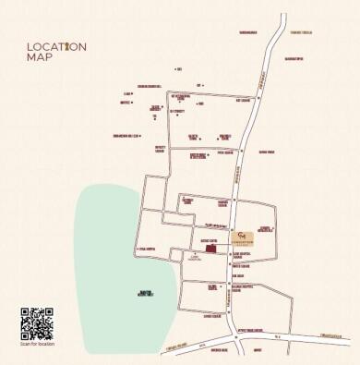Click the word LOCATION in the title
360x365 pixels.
[56, 47]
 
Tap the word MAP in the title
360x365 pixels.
[40, 57]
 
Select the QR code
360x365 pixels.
[37, 324]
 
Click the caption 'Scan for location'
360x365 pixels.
[37, 346]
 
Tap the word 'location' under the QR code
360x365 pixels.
[43, 346]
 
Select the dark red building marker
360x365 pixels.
[210, 248]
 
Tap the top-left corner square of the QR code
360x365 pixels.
[25, 312]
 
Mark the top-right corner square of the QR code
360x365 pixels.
[49, 312]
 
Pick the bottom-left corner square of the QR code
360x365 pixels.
[25, 336]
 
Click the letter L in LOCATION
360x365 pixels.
[30, 47]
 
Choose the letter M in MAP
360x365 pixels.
[31, 57]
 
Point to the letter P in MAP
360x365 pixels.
[49, 57]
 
